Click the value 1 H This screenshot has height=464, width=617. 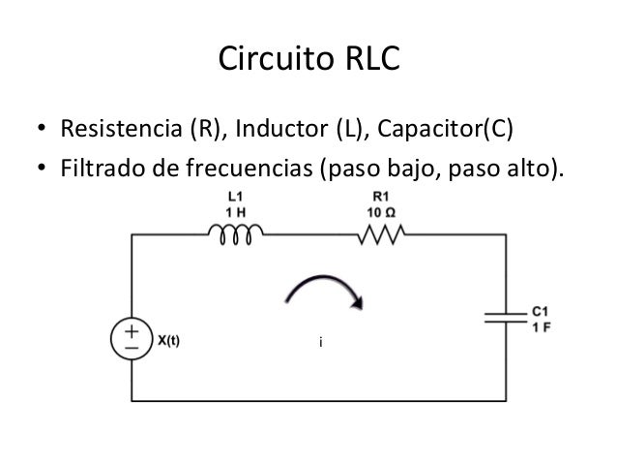point(233,212)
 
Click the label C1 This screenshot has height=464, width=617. point(542,313)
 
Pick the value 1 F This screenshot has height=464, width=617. point(542,326)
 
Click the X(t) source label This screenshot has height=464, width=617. point(174,340)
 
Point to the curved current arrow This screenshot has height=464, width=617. point(325,289)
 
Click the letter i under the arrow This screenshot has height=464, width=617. point(320,342)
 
